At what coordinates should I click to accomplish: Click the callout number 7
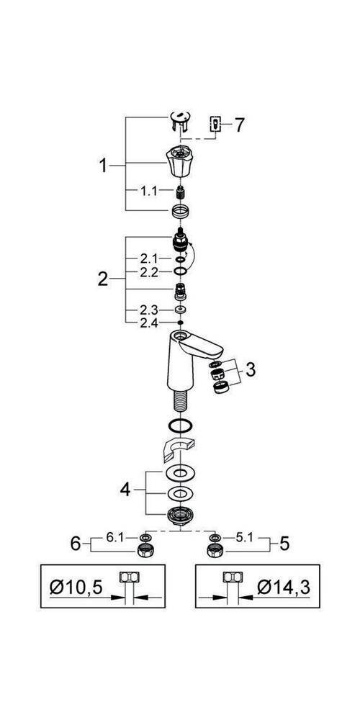pyautogui.click(x=239, y=125)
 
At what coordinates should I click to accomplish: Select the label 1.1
pyautogui.click(x=149, y=191)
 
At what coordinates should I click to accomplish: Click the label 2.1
pyautogui.click(x=150, y=259)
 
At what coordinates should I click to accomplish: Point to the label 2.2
pyautogui.click(x=150, y=272)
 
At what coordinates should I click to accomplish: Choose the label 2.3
pyautogui.click(x=150, y=310)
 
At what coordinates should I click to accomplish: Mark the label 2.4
pyautogui.click(x=150, y=323)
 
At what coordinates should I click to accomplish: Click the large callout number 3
pyautogui.click(x=251, y=369)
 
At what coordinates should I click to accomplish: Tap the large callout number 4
pyautogui.click(x=125, y=490)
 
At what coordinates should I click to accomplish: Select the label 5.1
pyautogui.click(x=246, y=538)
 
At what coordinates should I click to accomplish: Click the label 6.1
pyautogui.click(x=115, y=538)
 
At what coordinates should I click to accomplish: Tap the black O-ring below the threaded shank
pyautogui.click(x=179, y=426)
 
